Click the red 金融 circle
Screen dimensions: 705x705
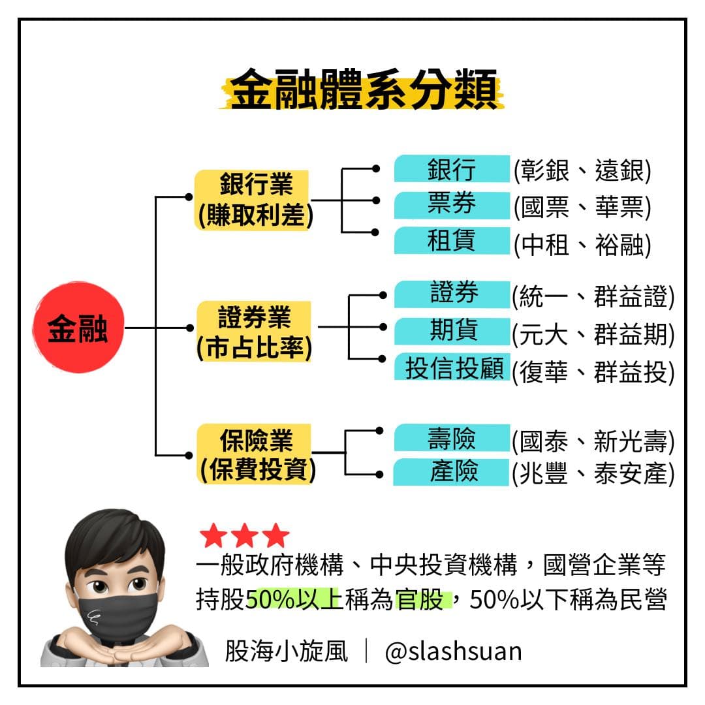click(x=78, y=328)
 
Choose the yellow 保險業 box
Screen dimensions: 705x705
click(x=256, y=454)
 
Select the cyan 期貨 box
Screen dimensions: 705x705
click(x=452, y=330)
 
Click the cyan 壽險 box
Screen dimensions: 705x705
click(x=452, y=438)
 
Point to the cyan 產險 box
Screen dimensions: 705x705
click(x=452, y=471)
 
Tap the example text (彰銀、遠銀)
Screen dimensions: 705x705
click(x=582, y=172)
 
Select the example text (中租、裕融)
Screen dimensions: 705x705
click(x=582, y=246)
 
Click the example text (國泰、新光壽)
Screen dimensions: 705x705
click(x=593, y=442)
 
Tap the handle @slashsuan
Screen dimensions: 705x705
click(x=453, y=651)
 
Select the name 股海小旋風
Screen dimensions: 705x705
click(x=287, y=651)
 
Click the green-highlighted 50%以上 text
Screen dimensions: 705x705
click(x=294, y=599)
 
